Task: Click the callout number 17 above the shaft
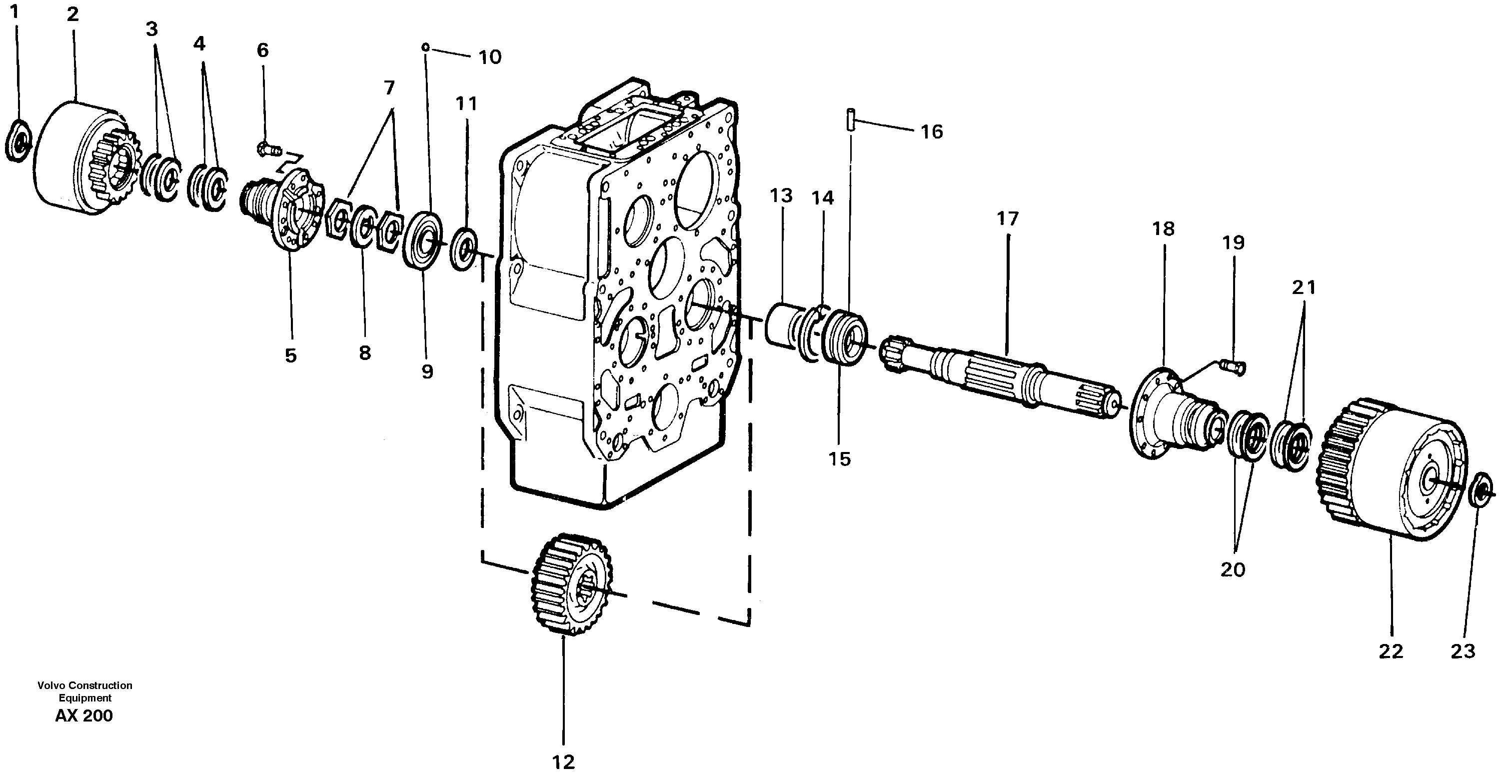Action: [1007, 219]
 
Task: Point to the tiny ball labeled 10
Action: [426, 46]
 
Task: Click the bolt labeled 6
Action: [268, 150]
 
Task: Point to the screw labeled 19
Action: [1231, 366]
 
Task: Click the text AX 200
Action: [84, 716]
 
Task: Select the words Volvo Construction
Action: [84, 685]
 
